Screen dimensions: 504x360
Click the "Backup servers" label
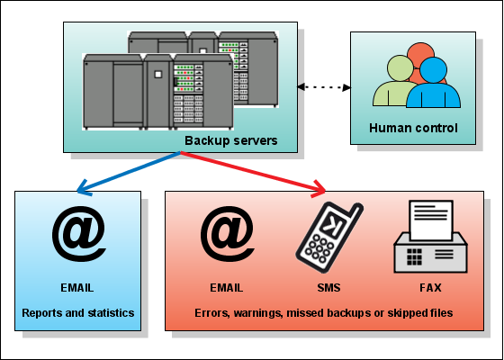point(230,140)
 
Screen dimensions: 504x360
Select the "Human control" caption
point(413,128)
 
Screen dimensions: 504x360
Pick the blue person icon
point(433,83)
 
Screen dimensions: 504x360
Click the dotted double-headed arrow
point(324,87)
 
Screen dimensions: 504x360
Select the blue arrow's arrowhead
point(85,188)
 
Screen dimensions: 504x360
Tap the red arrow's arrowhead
point(319,189)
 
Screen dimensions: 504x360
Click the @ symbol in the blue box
point(79,234)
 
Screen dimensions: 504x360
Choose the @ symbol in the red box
point(227,234)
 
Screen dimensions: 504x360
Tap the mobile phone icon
point(328,238)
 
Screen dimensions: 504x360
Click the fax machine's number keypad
point(414,256)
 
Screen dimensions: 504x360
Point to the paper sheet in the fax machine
point(431,220)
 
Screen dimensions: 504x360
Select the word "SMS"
point(328,288)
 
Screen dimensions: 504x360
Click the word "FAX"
point(431,288)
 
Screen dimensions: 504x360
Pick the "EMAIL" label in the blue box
point(77,288)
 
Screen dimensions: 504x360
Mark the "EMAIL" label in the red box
point(227,288)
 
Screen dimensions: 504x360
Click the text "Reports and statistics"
point(78,313)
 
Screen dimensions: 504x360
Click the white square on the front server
point(157,74)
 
